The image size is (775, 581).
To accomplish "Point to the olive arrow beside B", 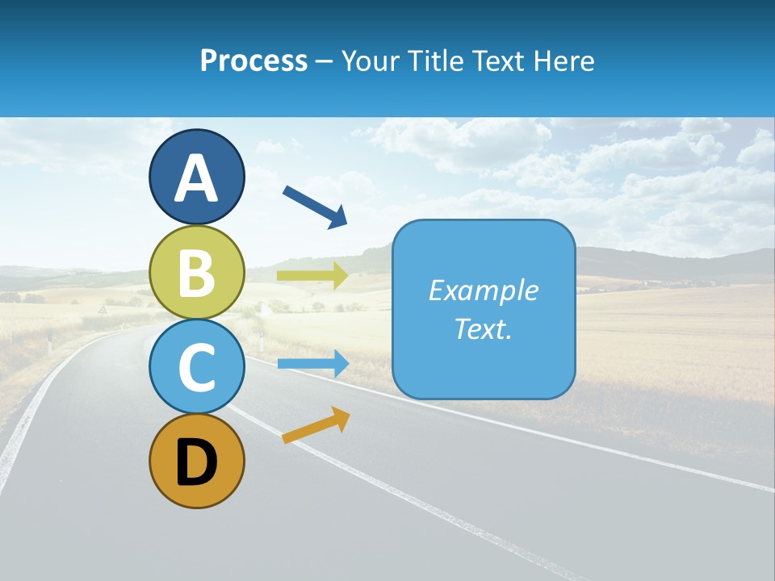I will [312, 276].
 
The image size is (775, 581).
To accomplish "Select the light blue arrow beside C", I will [313, 363].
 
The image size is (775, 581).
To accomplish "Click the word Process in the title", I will [253, 61].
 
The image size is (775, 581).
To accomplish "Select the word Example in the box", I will [483, 290].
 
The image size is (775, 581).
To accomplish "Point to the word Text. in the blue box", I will [483, 329].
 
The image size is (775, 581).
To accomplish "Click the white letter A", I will [196, 178].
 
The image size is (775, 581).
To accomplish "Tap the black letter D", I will [196, 462].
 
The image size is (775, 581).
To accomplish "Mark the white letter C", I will [196, 368].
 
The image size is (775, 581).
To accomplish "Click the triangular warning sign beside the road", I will [103, 310].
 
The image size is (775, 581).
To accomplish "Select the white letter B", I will [196, 273].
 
